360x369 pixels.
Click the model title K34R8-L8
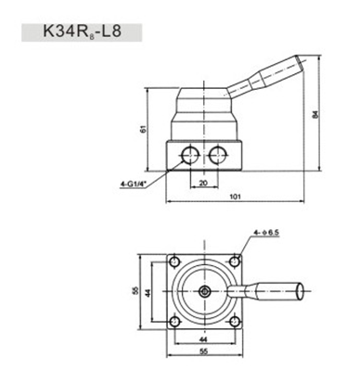82,32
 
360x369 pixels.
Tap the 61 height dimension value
143,129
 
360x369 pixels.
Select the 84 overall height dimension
315,114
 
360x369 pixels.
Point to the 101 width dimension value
236,197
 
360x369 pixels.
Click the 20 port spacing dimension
203,183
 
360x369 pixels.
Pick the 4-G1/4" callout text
133,184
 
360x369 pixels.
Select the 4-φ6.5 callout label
267,233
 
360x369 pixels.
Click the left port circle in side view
190,154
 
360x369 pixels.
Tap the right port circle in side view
217,154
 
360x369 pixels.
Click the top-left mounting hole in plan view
175,261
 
